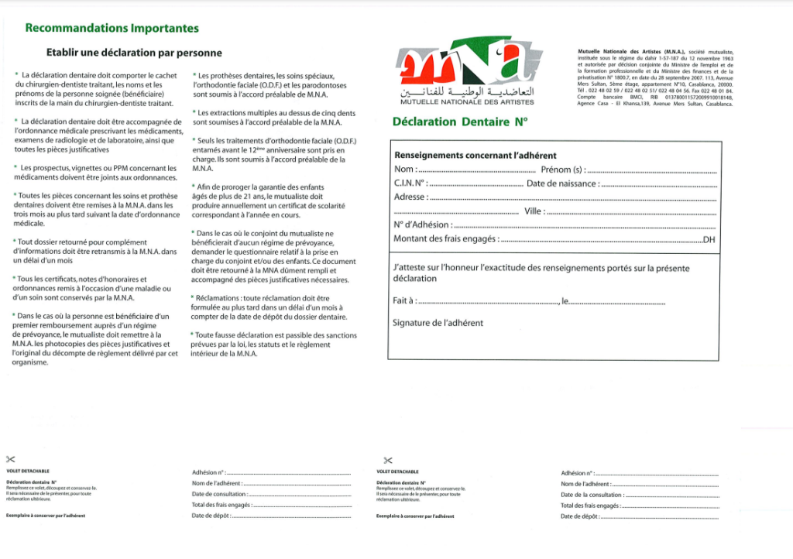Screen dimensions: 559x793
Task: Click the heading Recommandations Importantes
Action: [x=112, y=29]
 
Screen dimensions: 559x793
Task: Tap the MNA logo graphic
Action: [x=464, y=61]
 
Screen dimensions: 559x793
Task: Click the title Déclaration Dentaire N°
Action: [x=458, y=121]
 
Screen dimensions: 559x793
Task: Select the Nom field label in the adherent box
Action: [x=405, y=170]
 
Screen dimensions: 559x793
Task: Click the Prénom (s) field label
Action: [x=562, y=170]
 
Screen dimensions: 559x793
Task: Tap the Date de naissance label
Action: [x=562, y=183]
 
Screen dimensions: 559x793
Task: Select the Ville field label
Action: [x=534, y=211]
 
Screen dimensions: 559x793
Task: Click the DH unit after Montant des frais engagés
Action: [x=708, y=239]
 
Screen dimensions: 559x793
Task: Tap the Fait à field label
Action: [x=404, y=301]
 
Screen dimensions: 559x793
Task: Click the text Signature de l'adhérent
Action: [x=438, y=323]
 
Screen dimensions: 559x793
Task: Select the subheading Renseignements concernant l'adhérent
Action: [x=475, y=156]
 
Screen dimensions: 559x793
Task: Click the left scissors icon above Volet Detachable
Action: [x=11, y=460]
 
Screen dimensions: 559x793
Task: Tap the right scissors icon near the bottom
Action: [x=388, y=460]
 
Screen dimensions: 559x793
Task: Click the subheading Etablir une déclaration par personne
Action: [x=134, y=53]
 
